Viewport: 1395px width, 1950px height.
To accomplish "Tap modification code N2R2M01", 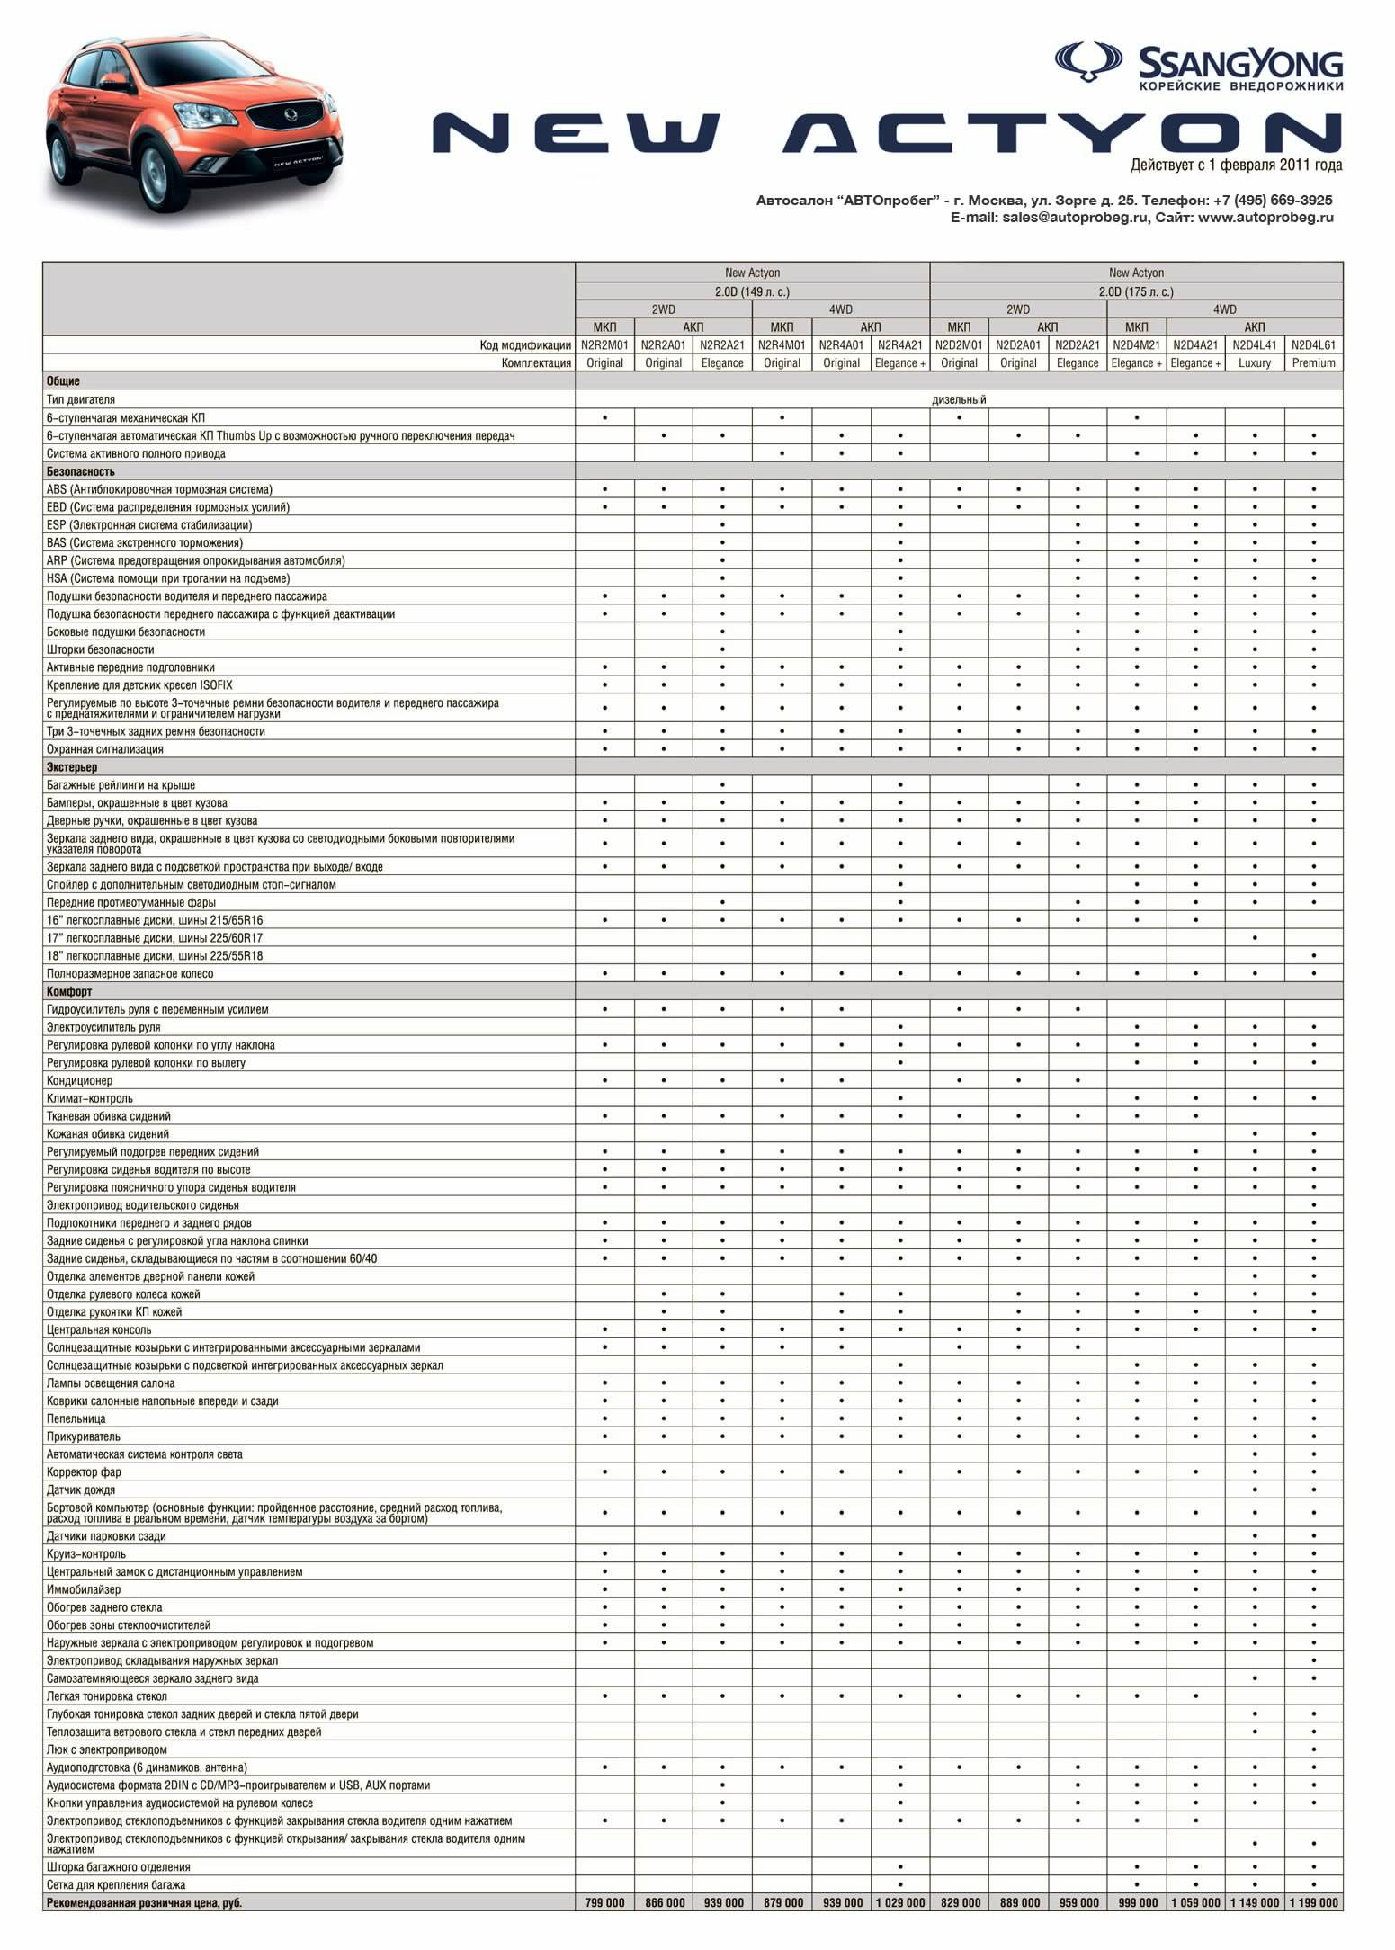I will [604, 344].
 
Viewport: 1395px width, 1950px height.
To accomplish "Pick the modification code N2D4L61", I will [1313, 344].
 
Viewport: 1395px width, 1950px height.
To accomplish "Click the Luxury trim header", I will [1254, 362].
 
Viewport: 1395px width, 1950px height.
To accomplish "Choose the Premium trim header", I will [1313, 362].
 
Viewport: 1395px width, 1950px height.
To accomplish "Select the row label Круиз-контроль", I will [86, 1553].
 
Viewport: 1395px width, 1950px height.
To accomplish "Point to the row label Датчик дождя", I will [81, 1489].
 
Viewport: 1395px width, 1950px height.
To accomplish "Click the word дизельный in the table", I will [959, 399].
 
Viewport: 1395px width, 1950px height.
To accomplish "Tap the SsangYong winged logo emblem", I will [1088, 62].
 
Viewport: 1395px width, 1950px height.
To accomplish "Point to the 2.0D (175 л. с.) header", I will [1136, 291].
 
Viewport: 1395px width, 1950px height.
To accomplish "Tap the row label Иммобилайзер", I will [84, 1589].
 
